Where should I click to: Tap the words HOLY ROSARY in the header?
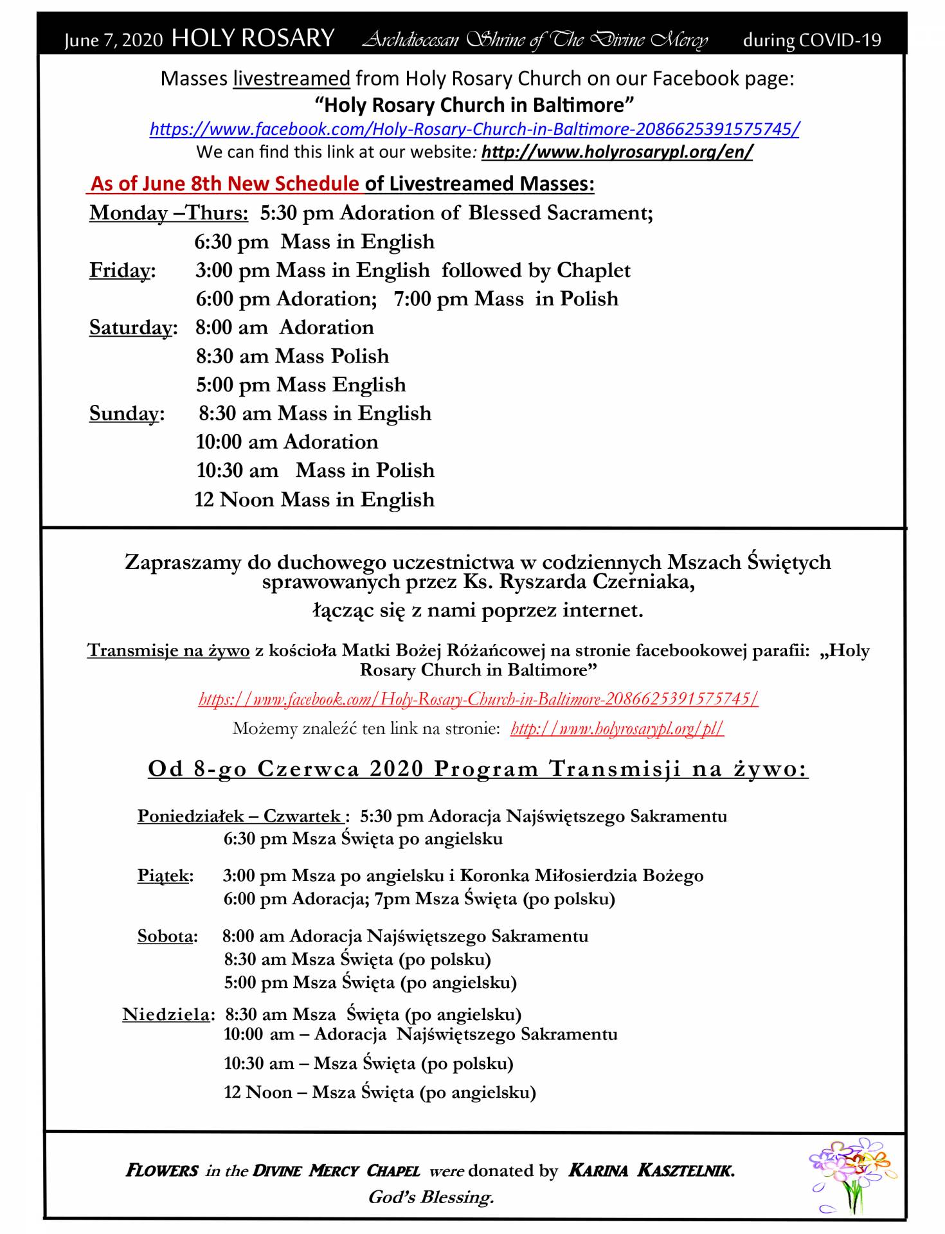pyautogui.click(x=253, y=39)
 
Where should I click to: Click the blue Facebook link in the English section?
pyautogui.click(x=474, y=129)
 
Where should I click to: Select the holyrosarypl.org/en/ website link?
pyautogui.click(x=616, y=152)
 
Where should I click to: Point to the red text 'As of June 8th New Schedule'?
pyautogui.click(x=225, y=184)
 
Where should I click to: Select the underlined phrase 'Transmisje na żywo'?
pyautogui.click(x=168, y=650)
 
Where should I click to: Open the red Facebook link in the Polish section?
pyautogui.click(x=478, y=699)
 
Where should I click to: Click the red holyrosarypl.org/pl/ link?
pyautogui.click(x=617, y=729)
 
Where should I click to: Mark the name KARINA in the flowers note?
pyautogui.click(x=598, y=1171)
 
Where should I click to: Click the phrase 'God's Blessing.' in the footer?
pyautogui.click(x=431, y=1197)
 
